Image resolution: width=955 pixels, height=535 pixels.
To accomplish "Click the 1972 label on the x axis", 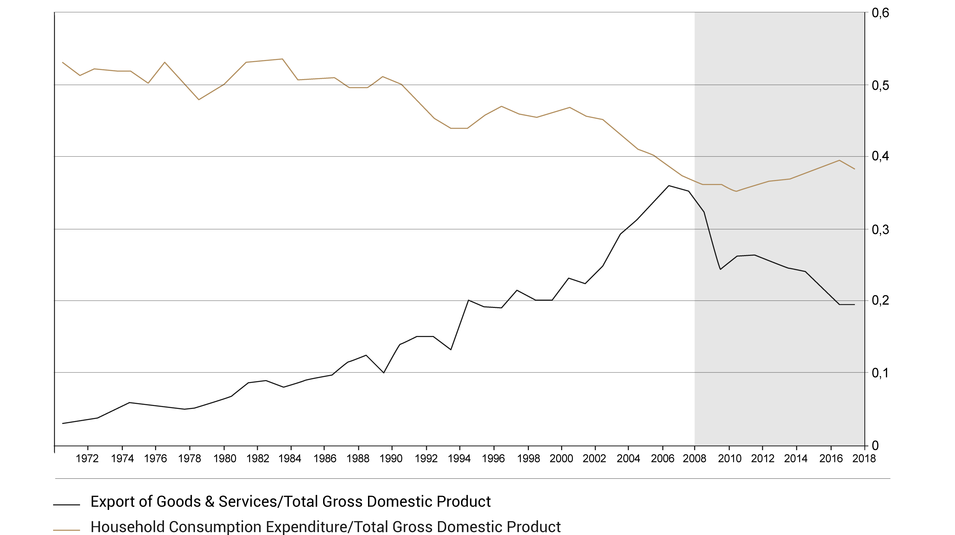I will [87, 459].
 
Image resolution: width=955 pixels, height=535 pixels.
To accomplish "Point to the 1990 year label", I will [391, 459].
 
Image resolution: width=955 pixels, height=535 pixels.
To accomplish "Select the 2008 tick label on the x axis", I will [694, 459].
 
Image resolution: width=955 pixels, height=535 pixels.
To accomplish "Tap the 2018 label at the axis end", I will [864, 459].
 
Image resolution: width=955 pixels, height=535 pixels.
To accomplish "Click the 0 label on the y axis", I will [875, 446].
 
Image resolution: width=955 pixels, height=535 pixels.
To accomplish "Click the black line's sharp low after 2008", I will [720, 269].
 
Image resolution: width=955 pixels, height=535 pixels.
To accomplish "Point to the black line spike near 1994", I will [469, 300].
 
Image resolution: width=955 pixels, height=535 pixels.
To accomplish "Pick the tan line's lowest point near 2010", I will [736, 191].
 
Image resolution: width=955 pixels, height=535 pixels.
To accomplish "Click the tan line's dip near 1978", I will [199, 99].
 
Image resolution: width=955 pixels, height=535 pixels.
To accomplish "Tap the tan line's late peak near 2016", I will [839, 160].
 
